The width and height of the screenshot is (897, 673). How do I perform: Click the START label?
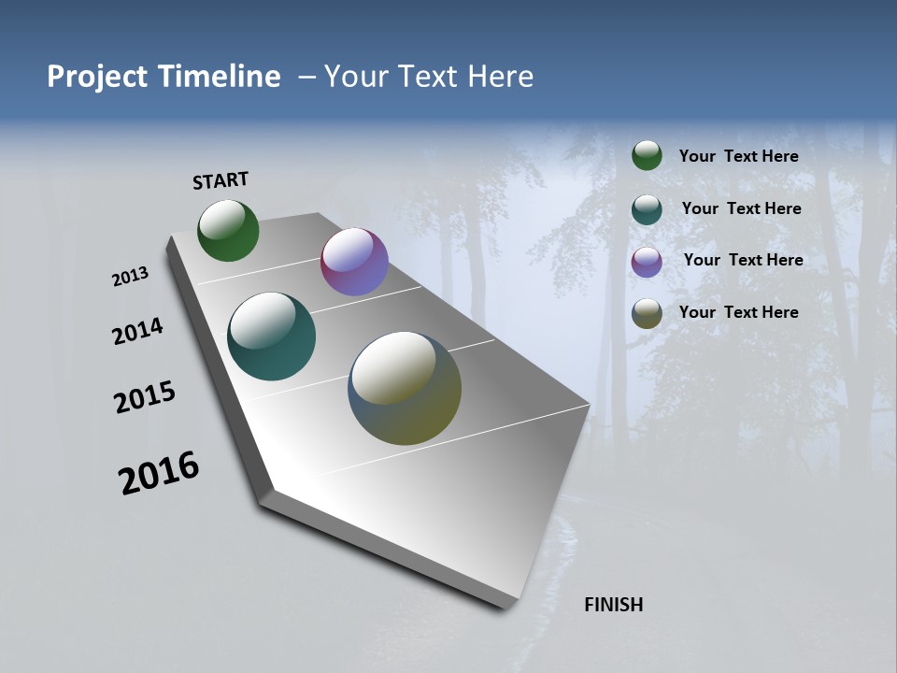tap(221, 180)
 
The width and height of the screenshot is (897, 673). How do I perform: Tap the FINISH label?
tap(613, 605)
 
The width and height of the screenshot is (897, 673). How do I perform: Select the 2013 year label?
tap(130, 277)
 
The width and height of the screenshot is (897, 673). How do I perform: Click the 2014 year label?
tap(137, 331)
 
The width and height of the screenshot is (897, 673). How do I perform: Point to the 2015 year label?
tap(144, 397)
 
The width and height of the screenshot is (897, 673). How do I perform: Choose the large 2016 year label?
tap(159, 473)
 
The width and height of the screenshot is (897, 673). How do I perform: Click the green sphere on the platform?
tap(228, 230)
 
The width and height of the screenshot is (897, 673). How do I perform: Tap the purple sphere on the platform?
tap(354, 262)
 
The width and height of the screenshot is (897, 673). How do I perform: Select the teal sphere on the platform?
tap(271, 336)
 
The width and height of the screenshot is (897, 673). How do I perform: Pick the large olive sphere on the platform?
tap(405, 388)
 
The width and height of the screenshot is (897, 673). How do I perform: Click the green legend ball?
tap(647, 155)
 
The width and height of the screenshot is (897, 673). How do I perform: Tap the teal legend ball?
tap(647, 208)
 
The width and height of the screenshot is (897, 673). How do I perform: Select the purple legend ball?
tap(647, 261)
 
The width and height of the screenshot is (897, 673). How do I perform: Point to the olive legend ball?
tap(647, 313)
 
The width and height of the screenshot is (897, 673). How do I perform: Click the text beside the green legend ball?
tap(738, 156)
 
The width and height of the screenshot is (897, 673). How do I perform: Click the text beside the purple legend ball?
tap(743, 260)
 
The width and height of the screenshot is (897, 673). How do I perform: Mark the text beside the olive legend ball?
tap(738, 312)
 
